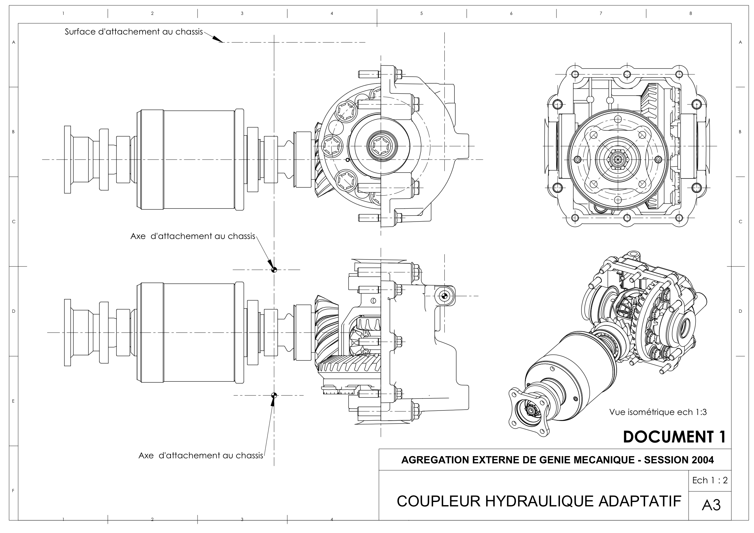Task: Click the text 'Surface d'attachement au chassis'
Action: [134, 32]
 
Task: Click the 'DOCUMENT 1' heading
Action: [675, 437]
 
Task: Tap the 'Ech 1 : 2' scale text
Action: [710, 480]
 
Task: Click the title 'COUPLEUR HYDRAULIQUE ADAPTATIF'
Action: [539, 501]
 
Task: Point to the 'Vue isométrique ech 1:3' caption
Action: [658, 412]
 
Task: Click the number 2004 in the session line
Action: [702, 460]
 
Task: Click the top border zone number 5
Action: [421, 14]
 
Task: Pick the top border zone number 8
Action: [690, 14]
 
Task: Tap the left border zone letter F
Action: [13, 491]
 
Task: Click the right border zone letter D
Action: [740, 311]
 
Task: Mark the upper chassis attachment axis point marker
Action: [274, 270]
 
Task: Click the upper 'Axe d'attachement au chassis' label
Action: [193, 236]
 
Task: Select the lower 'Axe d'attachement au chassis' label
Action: [201, 455]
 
